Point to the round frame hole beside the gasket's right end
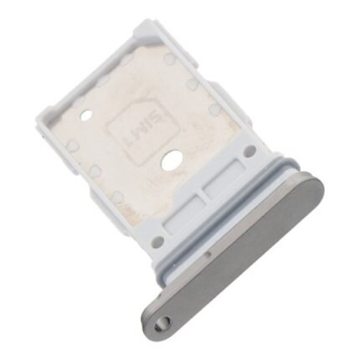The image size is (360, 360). tap(249, 151)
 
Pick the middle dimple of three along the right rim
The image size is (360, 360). tap(193, 85)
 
